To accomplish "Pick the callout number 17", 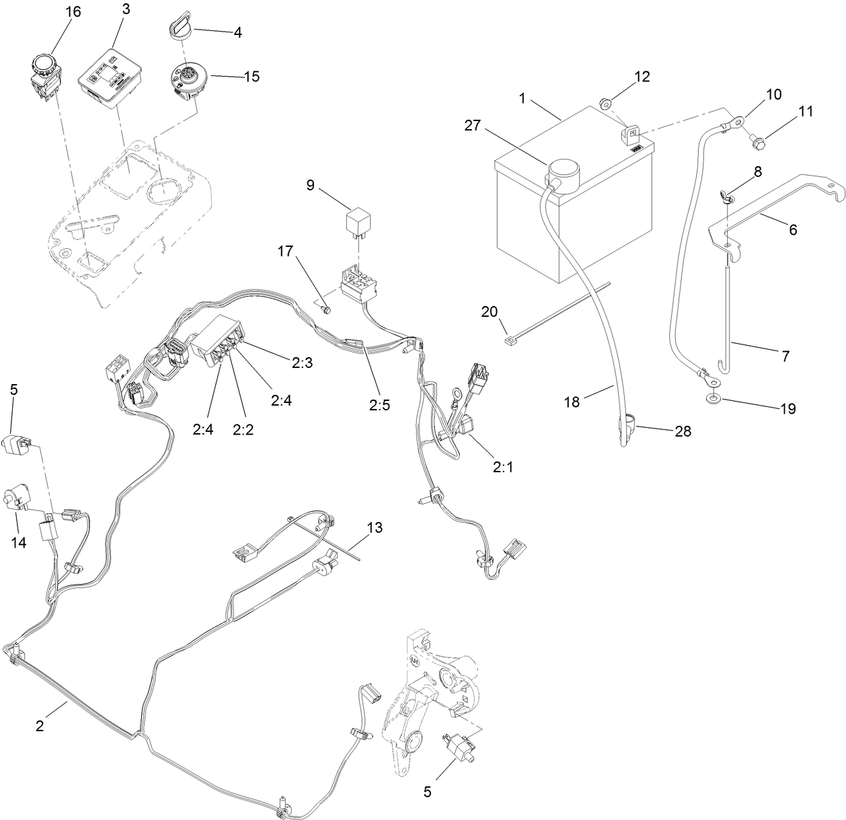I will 285,252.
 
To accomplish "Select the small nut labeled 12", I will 606,104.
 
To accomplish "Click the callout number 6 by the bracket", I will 792,229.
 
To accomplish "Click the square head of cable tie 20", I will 509,341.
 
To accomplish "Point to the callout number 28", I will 683,431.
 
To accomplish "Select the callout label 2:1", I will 502,467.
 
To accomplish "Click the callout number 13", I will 374,527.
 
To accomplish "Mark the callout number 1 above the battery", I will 521,98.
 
